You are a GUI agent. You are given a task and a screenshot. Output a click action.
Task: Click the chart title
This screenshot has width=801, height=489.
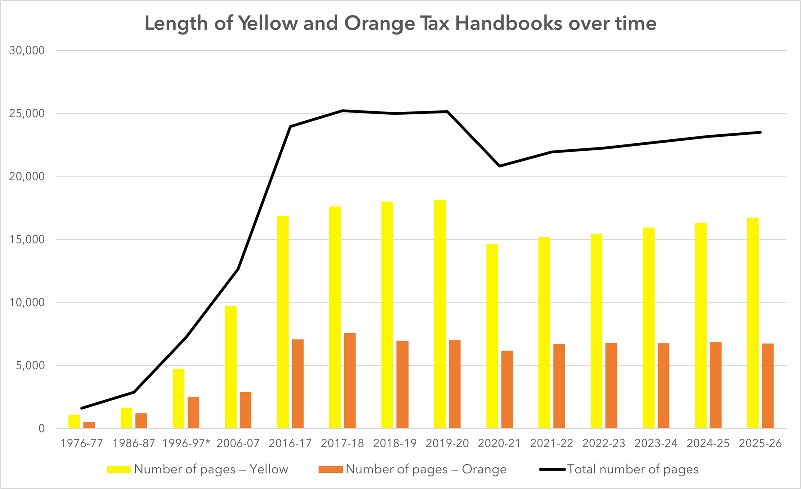tap(400, 24)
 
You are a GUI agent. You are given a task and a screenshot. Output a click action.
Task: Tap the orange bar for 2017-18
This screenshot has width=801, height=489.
tap(350, 380)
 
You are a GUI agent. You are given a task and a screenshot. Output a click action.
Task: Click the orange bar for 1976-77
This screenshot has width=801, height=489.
tap(89, 425)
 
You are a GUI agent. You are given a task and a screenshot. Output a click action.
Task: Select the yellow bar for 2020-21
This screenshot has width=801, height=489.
tap(492, 336)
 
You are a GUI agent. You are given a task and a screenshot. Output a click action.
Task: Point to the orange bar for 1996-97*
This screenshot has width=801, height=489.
tap(193, 413)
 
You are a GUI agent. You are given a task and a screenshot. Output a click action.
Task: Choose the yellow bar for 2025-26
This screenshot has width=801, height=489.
tap(753, 323)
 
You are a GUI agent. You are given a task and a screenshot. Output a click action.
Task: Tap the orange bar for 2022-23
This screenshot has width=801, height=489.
tap(611, 385)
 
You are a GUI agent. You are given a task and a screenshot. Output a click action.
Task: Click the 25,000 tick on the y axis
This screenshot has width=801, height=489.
tap(27, 114)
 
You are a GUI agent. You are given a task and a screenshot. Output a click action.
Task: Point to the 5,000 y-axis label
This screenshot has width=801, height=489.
tap(30, 366)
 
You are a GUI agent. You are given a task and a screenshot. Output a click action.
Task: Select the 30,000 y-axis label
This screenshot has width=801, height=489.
tap(27, 51)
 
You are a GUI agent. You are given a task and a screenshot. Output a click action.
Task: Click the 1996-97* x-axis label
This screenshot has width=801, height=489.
tap(186, 443)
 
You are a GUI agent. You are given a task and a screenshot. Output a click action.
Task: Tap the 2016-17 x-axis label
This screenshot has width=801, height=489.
tap(290, 443)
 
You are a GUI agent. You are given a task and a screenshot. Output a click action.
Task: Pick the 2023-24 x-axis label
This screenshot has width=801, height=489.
tap(656, 443)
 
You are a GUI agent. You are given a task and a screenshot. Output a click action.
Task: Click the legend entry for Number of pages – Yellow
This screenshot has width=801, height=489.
tap(198, 469)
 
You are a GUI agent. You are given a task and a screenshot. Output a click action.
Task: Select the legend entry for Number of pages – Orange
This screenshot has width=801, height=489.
tap(413, 469)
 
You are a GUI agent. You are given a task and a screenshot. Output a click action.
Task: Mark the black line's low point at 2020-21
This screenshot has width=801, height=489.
tap(500, 166)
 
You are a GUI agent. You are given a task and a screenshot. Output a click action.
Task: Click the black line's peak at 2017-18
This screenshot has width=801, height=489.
tap(343, 110)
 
